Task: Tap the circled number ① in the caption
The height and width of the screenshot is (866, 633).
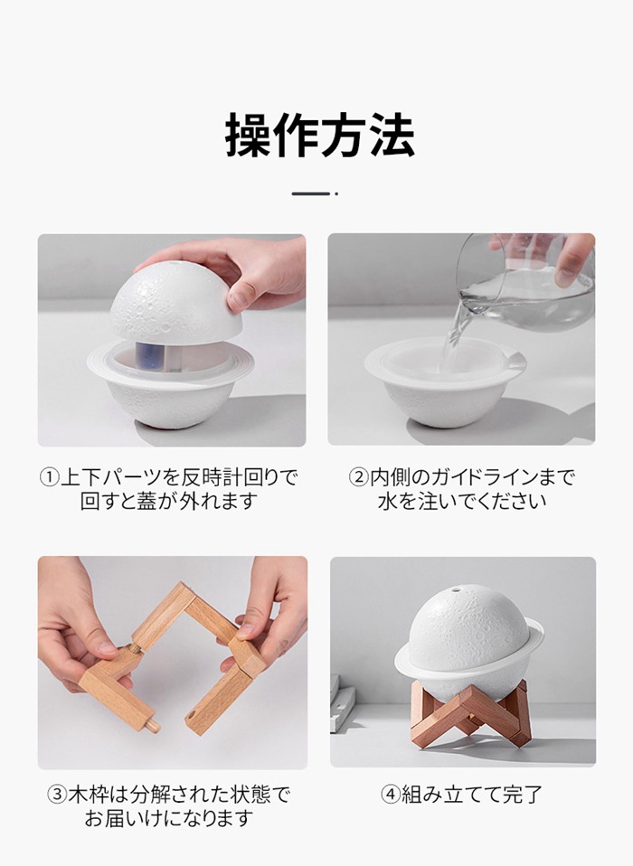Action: tap(49, 477)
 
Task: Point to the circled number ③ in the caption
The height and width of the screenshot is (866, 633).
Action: tap(57, 795)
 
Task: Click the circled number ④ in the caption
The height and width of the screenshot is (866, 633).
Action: tap(391, 795)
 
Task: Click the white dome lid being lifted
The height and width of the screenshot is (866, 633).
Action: tap(175, 302)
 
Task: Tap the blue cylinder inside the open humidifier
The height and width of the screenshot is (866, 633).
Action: tap(147, 357)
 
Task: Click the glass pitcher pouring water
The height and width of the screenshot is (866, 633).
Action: tap(524, 283)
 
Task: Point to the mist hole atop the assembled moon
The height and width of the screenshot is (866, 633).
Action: tap(457, 590)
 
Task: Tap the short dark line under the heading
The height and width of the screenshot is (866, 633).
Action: tap(311, 193)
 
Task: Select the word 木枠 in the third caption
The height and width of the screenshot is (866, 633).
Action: tap(89, 795)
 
